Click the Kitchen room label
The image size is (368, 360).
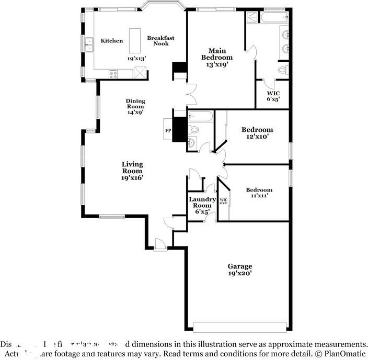pos(112,41)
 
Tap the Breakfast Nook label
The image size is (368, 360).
pos(160,40)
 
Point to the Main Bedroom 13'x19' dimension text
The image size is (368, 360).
pos(217,64)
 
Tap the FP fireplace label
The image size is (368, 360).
pos(168,130)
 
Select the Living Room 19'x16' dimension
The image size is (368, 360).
pos(132,177)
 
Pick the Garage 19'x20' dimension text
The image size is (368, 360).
pos(240,273)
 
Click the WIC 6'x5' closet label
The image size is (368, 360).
pos(273,95)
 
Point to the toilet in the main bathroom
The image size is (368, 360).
pos(283,70)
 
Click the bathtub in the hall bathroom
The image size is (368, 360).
pos(201,116)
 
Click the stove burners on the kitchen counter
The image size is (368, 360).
pos(113,75)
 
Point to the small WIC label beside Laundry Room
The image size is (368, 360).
pos(223,201)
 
